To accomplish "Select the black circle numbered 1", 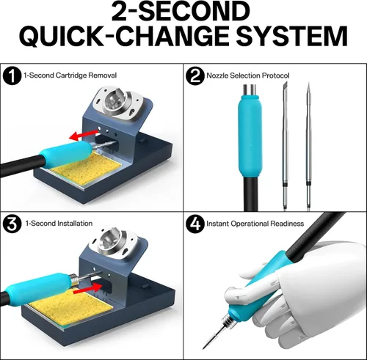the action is click(12, 76).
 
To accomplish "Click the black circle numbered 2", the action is click(195, 76).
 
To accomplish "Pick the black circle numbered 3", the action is click(12, 224).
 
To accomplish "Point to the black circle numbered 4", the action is click(195, 224).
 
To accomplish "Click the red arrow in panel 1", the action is click(84, 135).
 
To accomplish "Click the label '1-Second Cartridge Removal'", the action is click(70, 75).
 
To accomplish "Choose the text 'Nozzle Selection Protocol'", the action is click(248, 76).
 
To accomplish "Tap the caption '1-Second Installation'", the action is click(59, 223).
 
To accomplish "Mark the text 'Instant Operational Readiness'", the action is click(255, 224).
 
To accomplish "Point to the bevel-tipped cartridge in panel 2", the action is click(285, 147).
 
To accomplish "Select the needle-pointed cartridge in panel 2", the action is click(308, 147).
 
